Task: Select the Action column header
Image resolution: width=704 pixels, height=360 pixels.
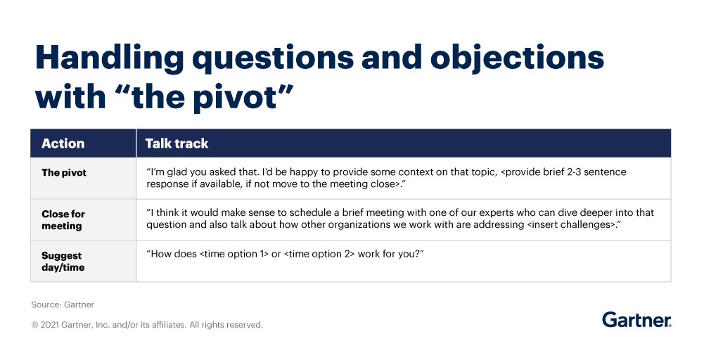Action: (63, 143)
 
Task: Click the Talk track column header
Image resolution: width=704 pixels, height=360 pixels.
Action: (177, 143)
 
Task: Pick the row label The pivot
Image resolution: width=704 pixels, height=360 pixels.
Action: (64, 172)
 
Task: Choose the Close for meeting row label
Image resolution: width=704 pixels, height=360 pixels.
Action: (63, 219)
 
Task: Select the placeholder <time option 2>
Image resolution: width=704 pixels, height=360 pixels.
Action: (319, 253)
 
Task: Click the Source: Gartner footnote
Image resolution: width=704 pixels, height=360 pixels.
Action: (63, 304)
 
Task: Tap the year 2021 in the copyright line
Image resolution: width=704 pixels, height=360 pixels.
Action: (50, 325)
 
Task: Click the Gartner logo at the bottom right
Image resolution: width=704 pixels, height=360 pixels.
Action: (636, 320)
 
